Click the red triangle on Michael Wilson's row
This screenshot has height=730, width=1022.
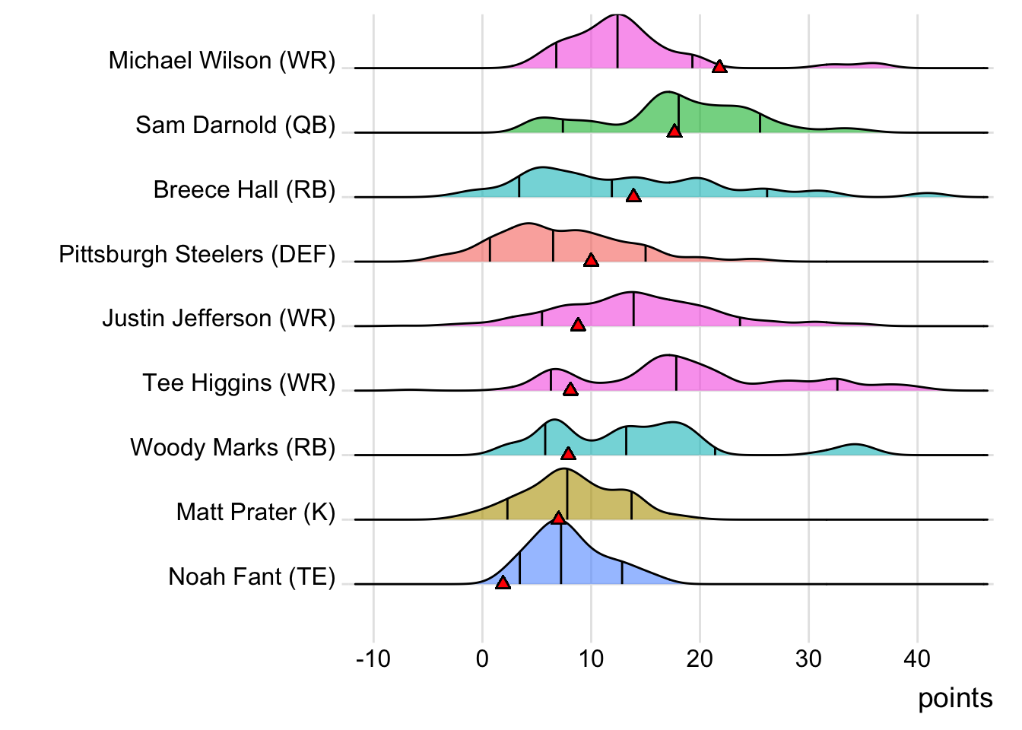pos(719,67)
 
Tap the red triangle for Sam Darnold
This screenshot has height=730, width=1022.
pos(674,132)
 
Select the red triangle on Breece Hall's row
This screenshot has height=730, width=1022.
pos(633,196)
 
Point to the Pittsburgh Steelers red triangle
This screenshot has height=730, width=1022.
pos(591,261)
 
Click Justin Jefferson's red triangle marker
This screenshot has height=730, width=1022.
pos(578,325)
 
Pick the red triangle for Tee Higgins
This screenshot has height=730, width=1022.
pos(570,389)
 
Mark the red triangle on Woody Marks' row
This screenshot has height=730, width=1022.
pos(568,454)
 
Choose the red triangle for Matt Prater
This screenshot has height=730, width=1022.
pos(558,518)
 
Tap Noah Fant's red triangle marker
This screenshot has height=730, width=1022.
pos(503,582)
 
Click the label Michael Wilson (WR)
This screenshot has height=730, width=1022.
pos(221,60)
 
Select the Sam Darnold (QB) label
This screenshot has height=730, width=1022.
pos(235,125)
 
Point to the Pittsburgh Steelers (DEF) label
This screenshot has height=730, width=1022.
pos(197,254)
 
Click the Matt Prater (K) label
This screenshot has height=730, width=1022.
pos(255,512)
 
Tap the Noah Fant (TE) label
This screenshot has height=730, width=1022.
pos(252,576)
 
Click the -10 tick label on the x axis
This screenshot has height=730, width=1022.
pos(373,659)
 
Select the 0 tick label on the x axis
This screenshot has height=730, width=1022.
pos(482,659)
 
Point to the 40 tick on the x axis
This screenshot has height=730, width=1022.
pos(917,659)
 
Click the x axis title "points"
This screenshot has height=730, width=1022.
pos(955,698)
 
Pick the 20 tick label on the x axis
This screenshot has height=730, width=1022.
pos(700,659)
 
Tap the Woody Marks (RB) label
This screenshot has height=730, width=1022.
pos(233,447)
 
